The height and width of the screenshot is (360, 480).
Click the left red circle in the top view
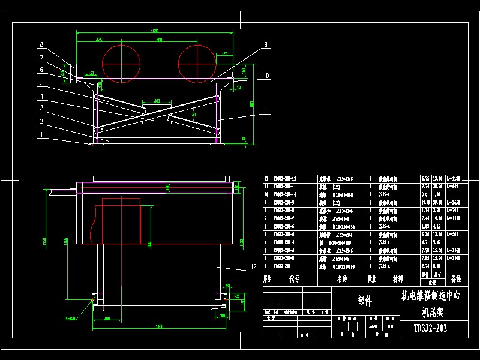click(121, 62)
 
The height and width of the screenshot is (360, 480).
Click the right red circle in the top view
click(197, 62)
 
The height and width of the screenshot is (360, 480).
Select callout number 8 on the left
click(41, 44)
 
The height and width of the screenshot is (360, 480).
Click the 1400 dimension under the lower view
click(159, 326)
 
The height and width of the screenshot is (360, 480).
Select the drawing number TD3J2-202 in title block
click(430, 328)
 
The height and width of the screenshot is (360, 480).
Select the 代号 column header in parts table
click(293, 278)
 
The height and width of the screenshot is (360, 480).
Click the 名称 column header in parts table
click(341, 278)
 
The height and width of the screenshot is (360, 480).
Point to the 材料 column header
click(398, 278)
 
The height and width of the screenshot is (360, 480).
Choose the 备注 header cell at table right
click(455, 278)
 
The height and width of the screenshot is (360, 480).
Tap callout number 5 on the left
click(42, 82)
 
